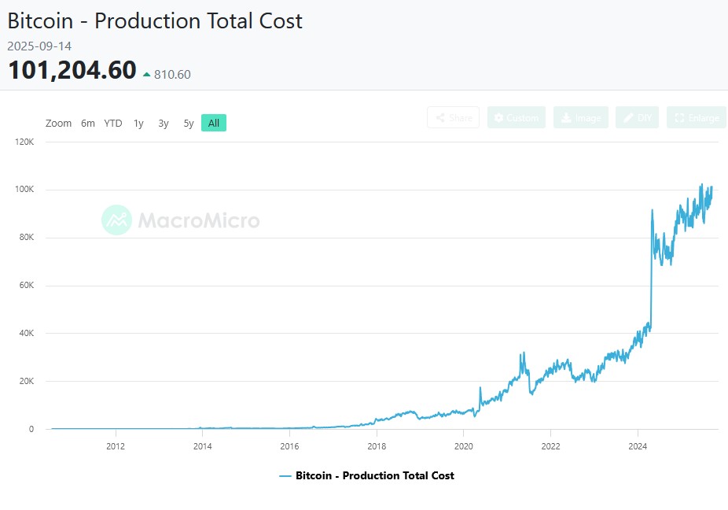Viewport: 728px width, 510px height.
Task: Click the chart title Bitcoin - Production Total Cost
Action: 155,20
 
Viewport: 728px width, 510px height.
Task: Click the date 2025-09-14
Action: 39,46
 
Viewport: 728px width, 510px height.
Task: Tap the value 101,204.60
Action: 72,71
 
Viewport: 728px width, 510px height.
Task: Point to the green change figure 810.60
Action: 172,75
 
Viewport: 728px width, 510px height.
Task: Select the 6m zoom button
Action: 88,123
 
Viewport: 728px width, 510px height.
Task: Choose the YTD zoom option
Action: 113,123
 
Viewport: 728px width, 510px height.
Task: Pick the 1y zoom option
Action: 138,123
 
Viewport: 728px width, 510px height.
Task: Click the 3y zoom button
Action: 164,123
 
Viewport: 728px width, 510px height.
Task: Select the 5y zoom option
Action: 189,123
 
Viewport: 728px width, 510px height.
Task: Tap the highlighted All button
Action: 214,123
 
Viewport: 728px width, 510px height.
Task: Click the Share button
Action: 454,118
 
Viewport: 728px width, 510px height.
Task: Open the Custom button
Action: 516,118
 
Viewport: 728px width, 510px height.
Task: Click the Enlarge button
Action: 697,118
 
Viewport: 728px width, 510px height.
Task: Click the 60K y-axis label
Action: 27,286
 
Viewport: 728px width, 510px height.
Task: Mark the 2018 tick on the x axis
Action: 377,445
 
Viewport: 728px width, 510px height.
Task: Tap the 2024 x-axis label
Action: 638,445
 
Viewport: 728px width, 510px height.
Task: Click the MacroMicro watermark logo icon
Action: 117,220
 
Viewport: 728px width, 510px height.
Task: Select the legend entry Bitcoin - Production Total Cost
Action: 366,475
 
